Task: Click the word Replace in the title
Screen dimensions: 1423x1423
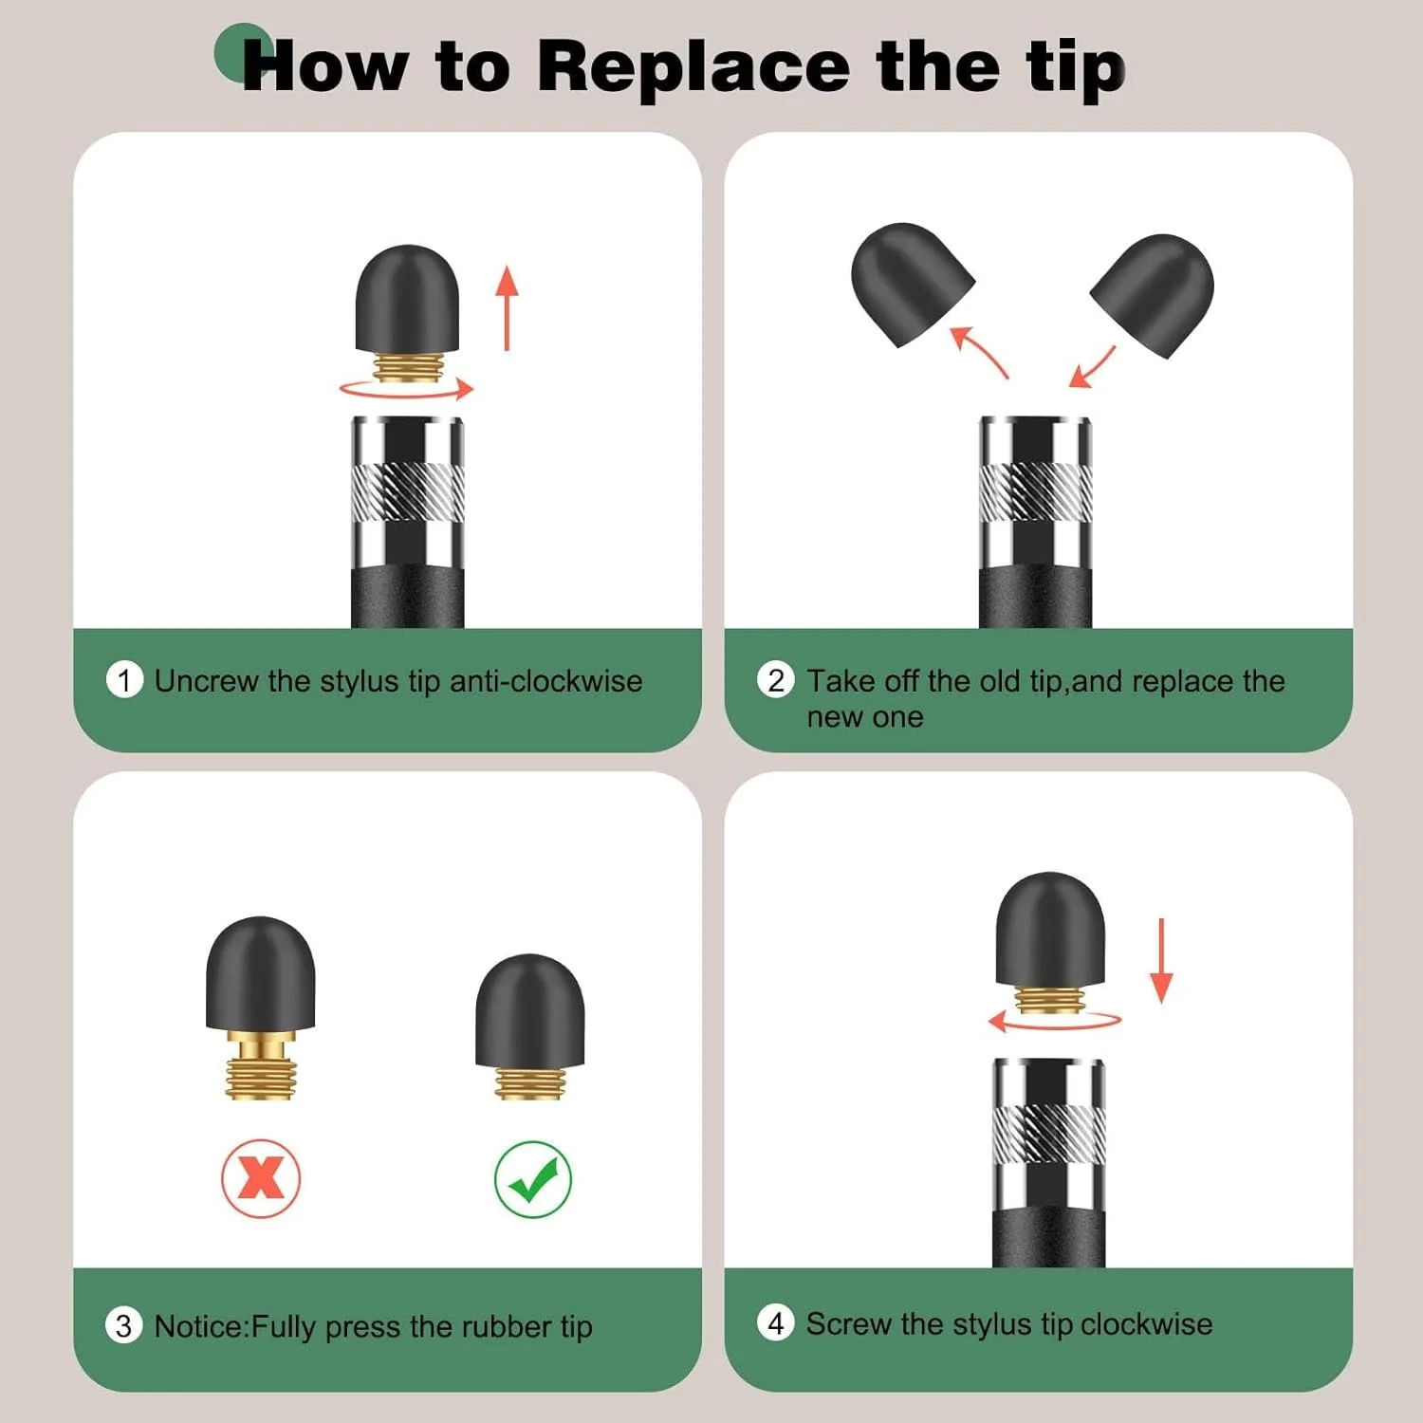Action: [x=693, y=66]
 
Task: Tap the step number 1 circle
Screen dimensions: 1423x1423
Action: [x=124, y=680]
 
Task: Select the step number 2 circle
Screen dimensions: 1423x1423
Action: [x=776, y=680]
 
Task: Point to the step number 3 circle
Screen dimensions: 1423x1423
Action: [x=123, y=1325]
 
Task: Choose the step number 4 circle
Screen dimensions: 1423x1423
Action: [x=776, y=1322]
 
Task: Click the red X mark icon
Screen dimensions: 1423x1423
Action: [x=261, y=1178]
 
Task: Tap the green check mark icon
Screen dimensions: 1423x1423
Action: [x=533, y=1179]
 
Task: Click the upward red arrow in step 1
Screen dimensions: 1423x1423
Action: [x=508, y=308]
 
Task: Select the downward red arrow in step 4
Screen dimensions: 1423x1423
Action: [x=1161, y=960]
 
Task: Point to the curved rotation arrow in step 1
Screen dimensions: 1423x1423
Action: [x=406, y=396]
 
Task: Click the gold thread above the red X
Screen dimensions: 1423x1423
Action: [x=261, y=1065]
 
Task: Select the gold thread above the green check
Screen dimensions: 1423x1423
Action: [x=530, y=1082]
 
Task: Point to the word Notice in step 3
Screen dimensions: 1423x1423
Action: [x=199, y=1325]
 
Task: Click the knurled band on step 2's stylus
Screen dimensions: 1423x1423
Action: [x=1035, y=491]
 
